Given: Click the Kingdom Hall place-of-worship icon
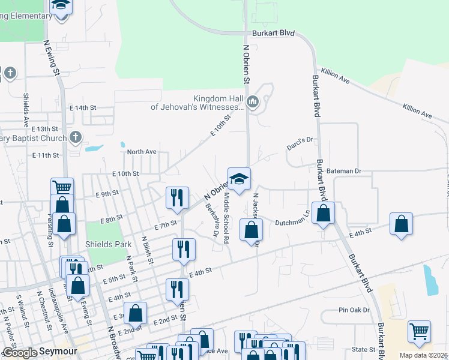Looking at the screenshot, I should coord(253,103).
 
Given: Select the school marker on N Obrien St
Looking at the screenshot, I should coord(238,179).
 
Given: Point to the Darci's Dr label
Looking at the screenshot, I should coord(301,141).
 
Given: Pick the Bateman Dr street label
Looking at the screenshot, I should coord(345,171).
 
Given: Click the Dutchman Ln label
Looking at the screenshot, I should coord(292,222).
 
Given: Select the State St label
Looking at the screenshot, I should coord(363,349).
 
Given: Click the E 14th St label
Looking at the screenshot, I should coord(83,107).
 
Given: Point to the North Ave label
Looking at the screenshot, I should coord(142,152).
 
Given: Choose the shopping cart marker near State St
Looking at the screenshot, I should coord(419,331).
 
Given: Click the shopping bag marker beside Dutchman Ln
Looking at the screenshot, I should coord(323,214).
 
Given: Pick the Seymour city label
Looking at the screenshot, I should coord(56,353).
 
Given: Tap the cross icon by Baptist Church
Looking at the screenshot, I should coord(75,137).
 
